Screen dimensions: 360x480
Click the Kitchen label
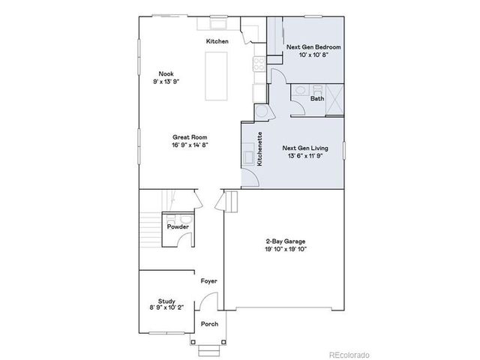click(x=217, y=42)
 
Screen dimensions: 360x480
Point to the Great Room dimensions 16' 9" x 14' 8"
click(x=190, y=145)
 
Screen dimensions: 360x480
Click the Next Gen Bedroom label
click(x=313, y=47)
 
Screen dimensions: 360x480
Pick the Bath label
click(x=317, y=98)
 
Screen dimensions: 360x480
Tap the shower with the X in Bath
click(x=334, y=97)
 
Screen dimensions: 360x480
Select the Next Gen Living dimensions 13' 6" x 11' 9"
click(x=302, y=157)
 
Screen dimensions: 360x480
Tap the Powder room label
click(x=178, y=226)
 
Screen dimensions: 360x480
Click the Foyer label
click(x=208, y=280)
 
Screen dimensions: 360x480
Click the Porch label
click(x=209, y=324)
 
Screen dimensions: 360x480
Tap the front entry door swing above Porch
click(x=212, y=304)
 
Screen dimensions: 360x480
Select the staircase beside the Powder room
click(x=149, y=225)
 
